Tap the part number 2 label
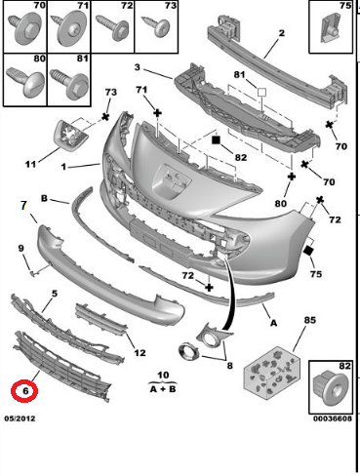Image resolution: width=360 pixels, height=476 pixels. [280, 36]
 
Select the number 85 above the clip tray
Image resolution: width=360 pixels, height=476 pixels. [283, 320]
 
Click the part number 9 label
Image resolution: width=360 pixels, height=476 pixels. [21, 250]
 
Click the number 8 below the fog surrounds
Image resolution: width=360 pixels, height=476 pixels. [230, 367]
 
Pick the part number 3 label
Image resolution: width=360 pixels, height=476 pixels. [139, 68]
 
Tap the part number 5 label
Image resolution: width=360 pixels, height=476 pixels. [55, 293]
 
